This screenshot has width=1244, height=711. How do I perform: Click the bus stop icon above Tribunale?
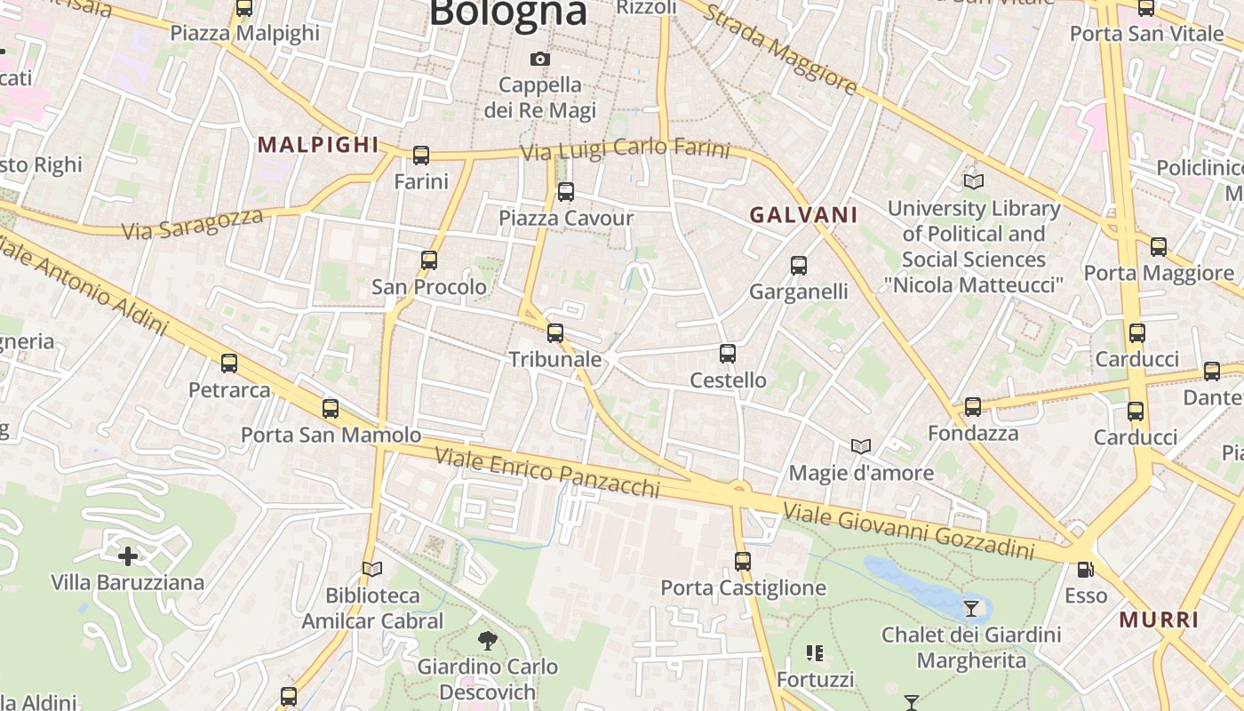coord(555,333)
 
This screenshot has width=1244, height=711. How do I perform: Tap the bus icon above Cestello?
coord(728,354)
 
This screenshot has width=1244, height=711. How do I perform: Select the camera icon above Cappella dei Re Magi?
coord(539,60)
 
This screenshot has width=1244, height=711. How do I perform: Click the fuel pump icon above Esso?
coord(1085,570)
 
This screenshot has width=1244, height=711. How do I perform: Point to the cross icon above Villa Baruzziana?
coord(128,556)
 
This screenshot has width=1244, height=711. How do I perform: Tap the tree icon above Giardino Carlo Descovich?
coord(487,640)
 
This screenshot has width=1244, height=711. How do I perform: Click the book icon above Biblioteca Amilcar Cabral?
coord(372,569)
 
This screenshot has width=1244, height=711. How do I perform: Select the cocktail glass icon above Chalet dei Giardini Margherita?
coord(971,609)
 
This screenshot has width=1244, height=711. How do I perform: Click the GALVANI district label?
coord(803,214)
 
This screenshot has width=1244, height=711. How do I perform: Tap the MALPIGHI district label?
coord(318,145)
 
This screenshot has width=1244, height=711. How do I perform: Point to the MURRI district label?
coord(1159,619)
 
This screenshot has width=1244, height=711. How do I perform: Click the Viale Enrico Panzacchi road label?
coord(546,472)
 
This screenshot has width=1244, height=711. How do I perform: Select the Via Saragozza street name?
coord(193,223)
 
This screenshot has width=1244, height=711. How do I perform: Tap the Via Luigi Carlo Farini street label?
coord(625,149)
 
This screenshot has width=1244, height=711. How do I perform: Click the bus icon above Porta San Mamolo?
coord(331,409)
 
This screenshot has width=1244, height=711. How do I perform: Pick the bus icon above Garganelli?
coord(799,266)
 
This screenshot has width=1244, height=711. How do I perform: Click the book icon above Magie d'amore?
coord(860,446)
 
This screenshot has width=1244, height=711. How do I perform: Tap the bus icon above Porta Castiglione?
coord(743,562)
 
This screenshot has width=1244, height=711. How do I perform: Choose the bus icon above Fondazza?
coord(973,407)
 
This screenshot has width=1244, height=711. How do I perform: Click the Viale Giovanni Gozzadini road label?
coord(909,529)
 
